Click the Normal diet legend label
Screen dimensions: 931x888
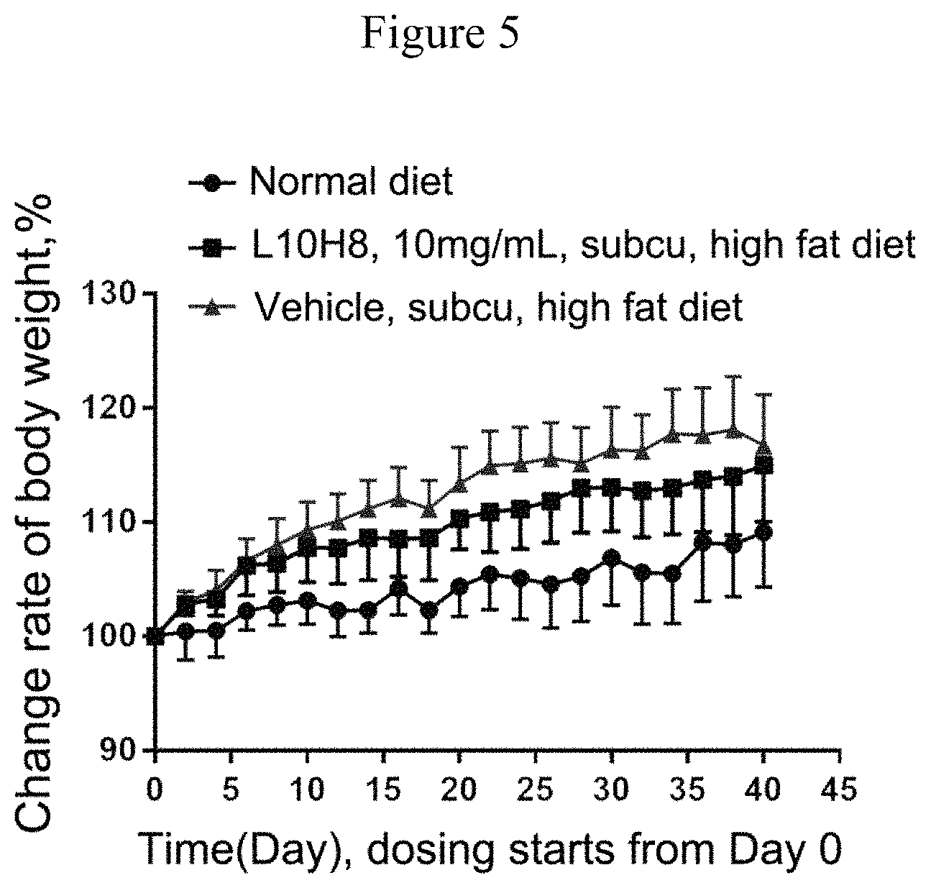[x=352, y=181]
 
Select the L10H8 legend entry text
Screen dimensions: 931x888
[x=582, y=244]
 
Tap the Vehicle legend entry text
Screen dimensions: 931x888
[x=498, y=307]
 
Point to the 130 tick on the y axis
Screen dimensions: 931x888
[x=114, y=295]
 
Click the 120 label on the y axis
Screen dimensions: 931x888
[x=114, y=408]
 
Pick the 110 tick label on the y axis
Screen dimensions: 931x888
[x=114, y=523]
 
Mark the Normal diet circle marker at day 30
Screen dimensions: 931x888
[x=612, y=558]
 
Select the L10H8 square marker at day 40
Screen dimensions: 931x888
[x=763, y=465]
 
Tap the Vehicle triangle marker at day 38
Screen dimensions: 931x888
[x=733, y=431]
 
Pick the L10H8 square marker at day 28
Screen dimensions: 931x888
[x=581, y=488]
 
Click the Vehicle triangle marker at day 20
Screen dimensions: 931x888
[x=459, y=485]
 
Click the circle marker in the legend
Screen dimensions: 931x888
[x=211, y=183]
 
